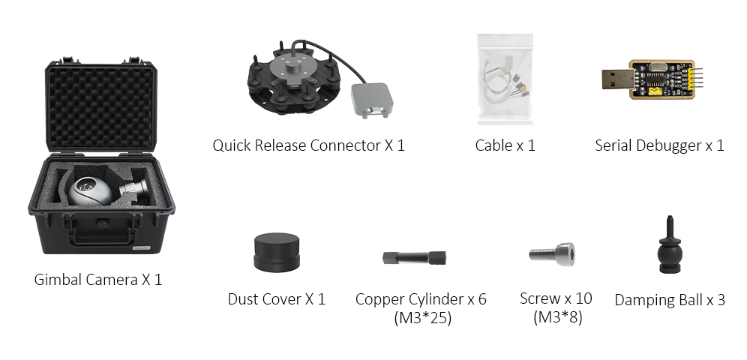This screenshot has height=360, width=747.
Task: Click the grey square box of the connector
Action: [x=370, y=99]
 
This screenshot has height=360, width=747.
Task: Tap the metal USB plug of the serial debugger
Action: [x=617, y=79]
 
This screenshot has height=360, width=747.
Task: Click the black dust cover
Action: [x=277, y=253]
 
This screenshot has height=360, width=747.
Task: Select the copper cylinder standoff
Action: [x=415, y=258]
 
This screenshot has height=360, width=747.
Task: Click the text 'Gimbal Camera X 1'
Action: [x=98, y=280]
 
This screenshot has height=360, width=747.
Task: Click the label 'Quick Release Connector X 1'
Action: [x=308, y=145]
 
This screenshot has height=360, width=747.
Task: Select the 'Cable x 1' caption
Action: [x=505, y=145]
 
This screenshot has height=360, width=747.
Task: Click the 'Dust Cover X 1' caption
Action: [x=276, y=299]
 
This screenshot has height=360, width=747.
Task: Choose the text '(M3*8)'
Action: [x=556, y=317]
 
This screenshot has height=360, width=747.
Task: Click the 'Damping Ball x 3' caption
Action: [x=670, y=300]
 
